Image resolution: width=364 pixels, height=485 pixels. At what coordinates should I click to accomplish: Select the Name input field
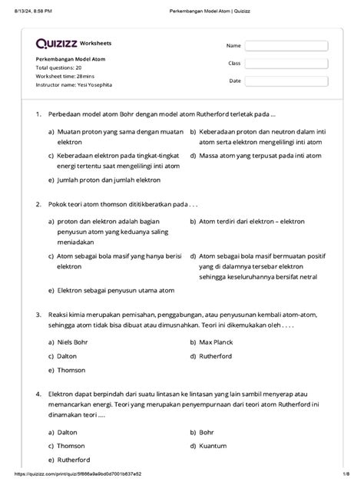tap(286, 46)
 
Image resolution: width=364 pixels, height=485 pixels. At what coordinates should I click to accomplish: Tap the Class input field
tap(286, 64)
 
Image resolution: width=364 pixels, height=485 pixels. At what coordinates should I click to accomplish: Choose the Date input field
tap(286, 81)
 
